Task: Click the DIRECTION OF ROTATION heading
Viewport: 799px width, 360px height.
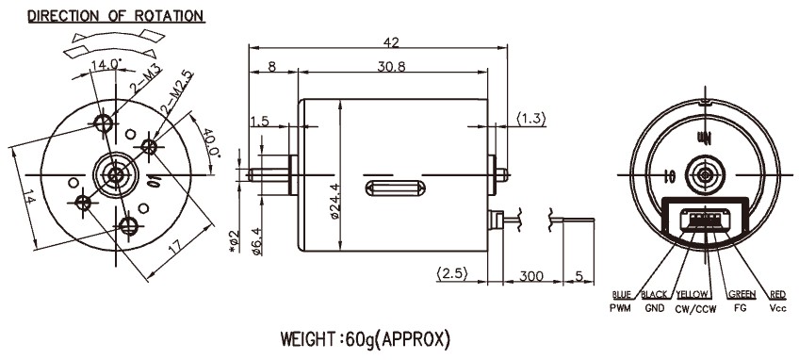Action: coord(116,16)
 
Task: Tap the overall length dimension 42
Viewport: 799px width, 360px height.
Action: coord(391,42)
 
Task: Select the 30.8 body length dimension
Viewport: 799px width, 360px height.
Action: coord(391,67)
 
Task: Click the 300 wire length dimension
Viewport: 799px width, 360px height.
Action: coord(531,276)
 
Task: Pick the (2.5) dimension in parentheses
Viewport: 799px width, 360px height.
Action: coord(452,273)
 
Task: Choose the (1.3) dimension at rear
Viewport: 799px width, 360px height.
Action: coord(531,120)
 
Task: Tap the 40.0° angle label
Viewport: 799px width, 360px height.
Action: coord(210,143)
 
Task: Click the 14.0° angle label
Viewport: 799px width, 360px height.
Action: coord(106,64)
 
